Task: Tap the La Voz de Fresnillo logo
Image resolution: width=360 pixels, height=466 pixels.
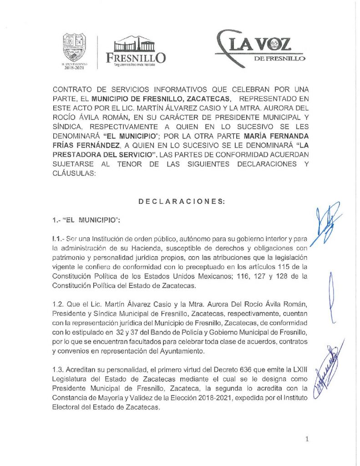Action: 260,47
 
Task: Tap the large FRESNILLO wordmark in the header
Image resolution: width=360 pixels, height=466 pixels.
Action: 135,57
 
